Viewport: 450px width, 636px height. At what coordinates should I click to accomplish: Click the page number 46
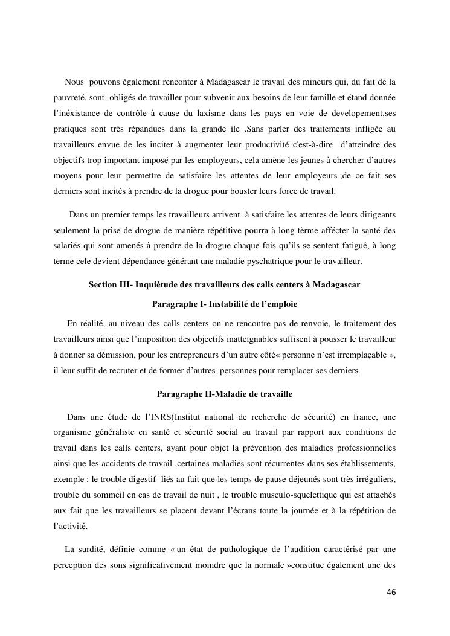pos(391,592)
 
